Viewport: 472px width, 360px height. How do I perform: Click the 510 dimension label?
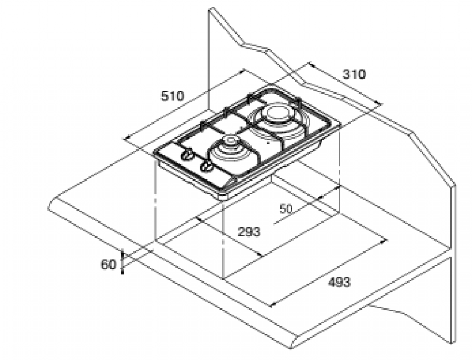pos(172,96)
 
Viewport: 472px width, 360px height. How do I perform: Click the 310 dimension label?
pos(354,74)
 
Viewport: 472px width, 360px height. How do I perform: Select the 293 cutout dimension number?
pos(249,232)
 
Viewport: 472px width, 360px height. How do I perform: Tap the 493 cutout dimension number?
pos(339,282)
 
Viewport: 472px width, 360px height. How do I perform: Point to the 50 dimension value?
pos(286,209)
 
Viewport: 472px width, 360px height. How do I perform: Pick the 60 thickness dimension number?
pos(108,265)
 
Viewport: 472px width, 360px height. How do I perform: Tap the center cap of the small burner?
pos(231,140)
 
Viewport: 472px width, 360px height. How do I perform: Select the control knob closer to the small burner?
pos(207,166)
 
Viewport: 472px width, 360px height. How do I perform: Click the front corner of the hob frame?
pos(223,197)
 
